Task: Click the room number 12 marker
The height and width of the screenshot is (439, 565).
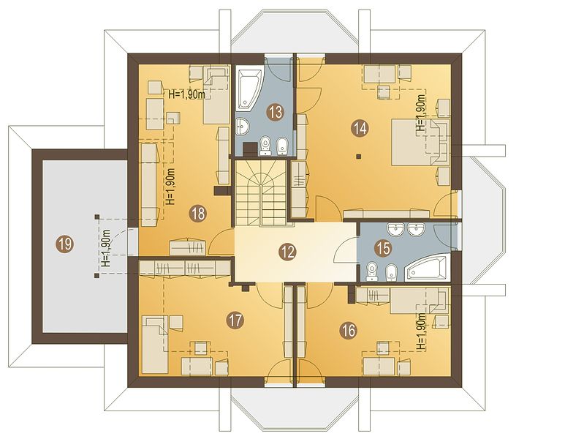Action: pos(288,252)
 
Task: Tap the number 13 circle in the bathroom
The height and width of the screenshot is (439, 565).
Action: pos(276,112)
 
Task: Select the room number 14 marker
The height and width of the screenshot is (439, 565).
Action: pos(360,128)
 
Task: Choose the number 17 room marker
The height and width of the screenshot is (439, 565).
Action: pos(235,320)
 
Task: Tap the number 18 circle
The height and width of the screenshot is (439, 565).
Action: pos(198,213)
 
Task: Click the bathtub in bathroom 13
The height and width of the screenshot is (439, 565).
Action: pos(249,90)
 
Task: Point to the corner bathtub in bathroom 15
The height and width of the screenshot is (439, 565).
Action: pos(427,268)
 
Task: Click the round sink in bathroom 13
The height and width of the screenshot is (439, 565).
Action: pos(243,127)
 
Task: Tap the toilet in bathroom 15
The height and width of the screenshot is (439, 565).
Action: pos(371,271)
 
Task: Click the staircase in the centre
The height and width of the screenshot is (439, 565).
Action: pos(260,193)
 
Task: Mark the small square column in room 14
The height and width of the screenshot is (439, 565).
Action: pos(358,156)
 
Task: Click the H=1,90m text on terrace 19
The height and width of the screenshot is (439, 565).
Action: pos(106,247)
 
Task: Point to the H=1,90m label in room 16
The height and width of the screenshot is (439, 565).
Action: pos(421,332)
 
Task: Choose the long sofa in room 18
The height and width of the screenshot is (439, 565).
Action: pos(149,182)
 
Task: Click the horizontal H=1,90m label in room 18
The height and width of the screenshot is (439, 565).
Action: pos(187,95)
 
